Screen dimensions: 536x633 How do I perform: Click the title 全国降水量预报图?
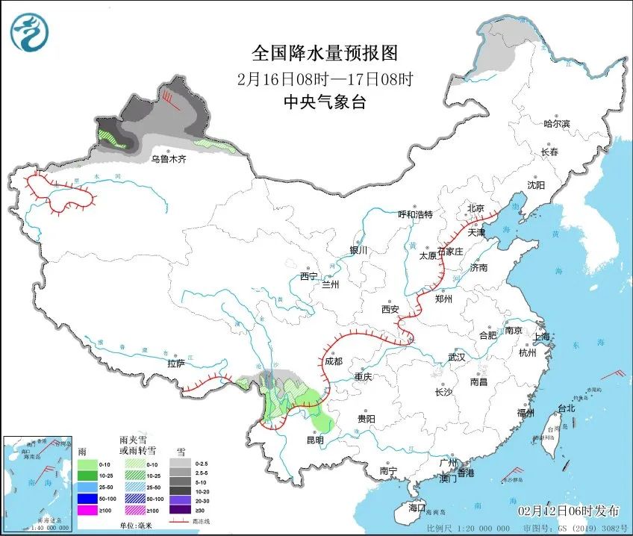pos(325,53)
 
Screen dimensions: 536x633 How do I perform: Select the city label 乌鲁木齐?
pos(167,159)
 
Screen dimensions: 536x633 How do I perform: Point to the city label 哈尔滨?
pos(556,124)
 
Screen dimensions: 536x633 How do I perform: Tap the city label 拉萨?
pos(175,364)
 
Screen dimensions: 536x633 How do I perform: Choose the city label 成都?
pos(333,361)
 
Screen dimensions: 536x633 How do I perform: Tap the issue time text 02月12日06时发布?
pos(569,511)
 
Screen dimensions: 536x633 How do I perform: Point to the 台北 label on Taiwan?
pos(567,408)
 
